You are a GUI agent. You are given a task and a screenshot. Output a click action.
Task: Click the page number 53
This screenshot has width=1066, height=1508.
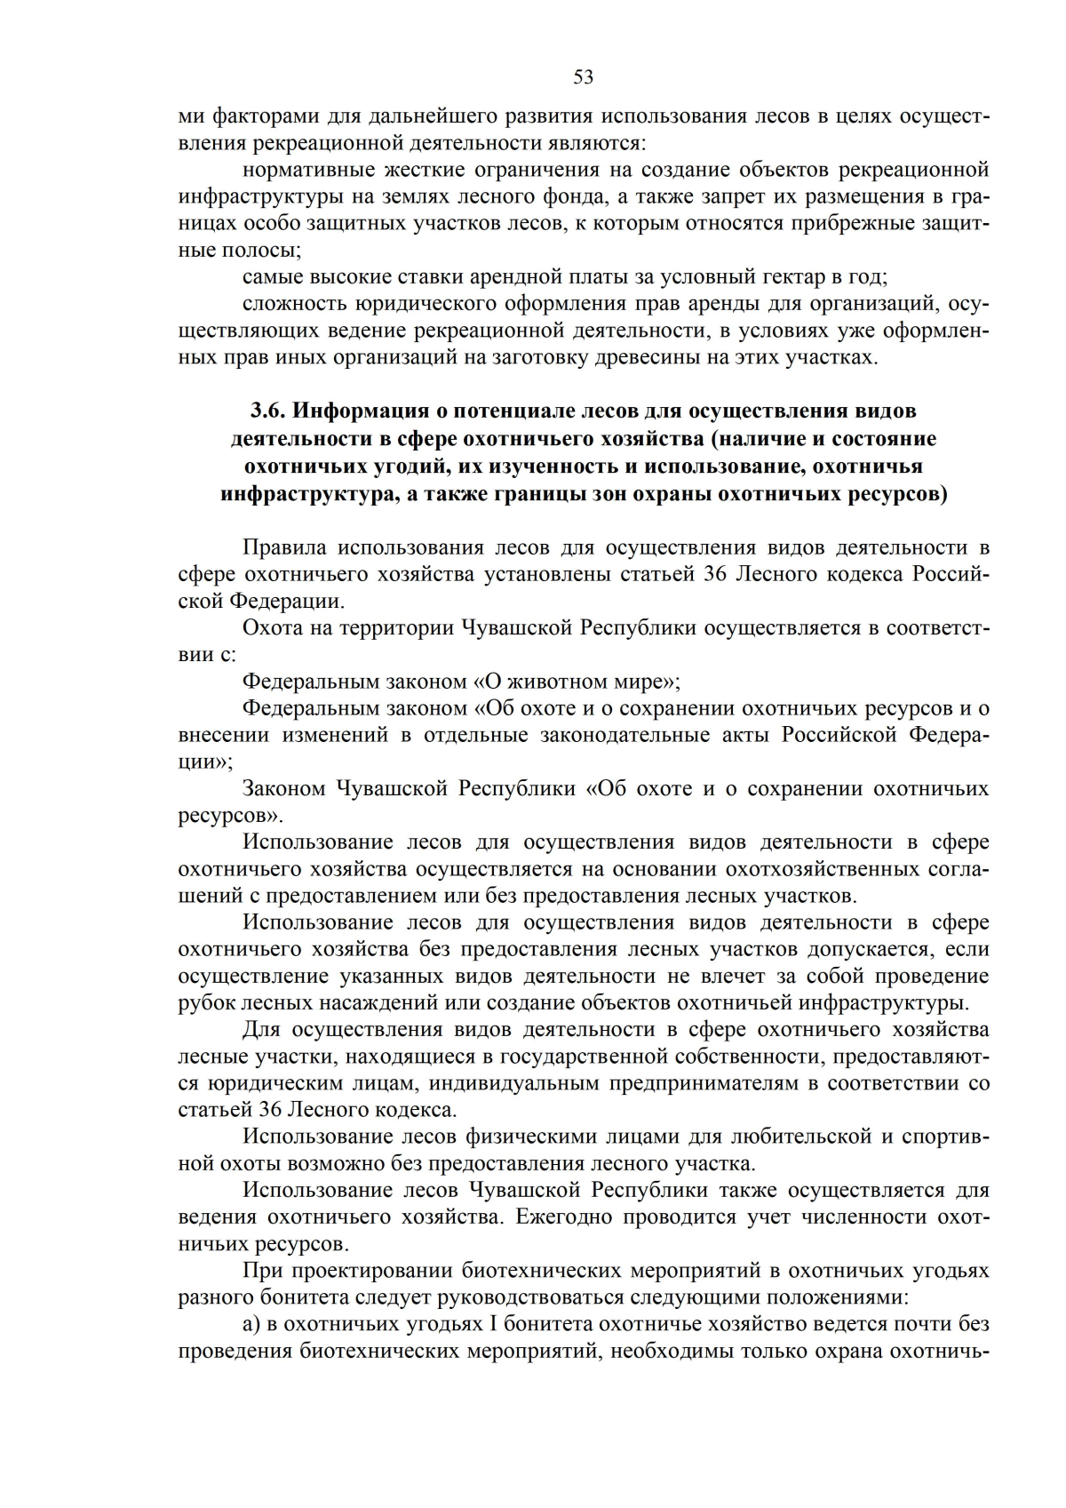coord(583,77)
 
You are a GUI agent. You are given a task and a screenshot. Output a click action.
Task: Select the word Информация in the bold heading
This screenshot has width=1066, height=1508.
coord(364,411)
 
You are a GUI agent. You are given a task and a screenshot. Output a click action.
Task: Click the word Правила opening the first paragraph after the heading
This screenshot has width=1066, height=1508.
coord(284,547)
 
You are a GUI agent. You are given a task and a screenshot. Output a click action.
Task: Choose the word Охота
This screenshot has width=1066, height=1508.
coord(272,627)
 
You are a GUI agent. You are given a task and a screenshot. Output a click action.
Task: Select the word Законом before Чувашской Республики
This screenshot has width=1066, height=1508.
coord(283,789)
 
